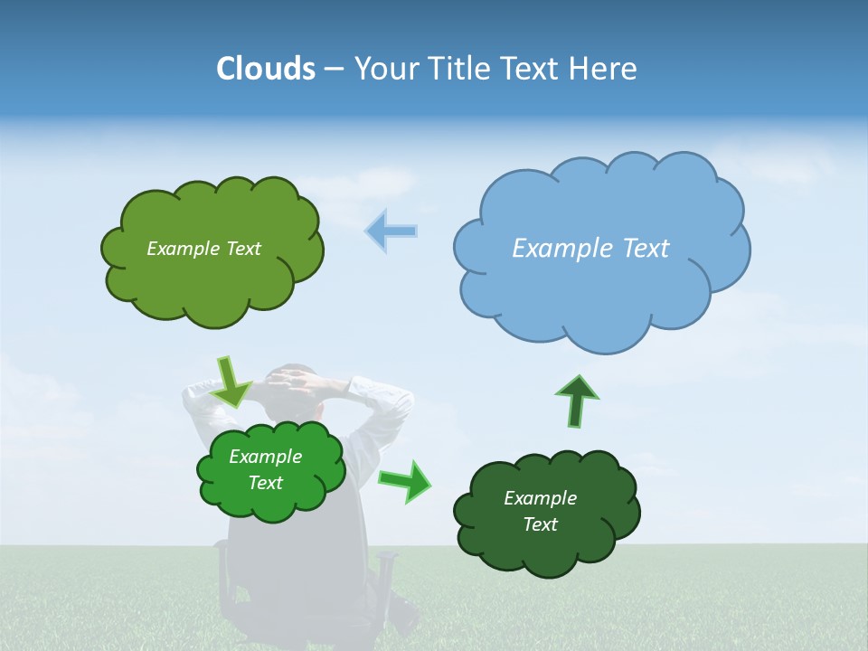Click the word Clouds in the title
[x=265, y=69]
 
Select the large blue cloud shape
[x=601, y=289]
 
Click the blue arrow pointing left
[x=392, y=231]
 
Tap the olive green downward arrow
[x=231, y=382]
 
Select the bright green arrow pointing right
[x=406, y=480]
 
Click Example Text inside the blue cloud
[x=590, y=249]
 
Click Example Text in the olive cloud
[x=203, y=249]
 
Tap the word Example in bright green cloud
[x=265, y=457]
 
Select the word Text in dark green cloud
[x=541, y=524]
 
